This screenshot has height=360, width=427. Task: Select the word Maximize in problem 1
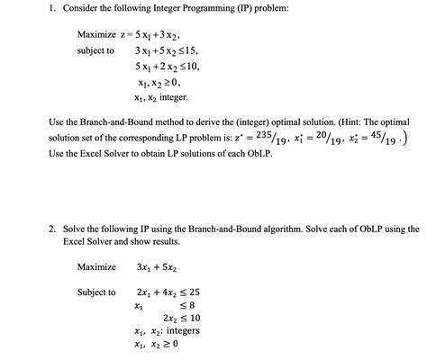pos(99,35)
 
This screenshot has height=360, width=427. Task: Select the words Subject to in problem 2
pos(97,292)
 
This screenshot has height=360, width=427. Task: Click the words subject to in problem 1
pos(95,51)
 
